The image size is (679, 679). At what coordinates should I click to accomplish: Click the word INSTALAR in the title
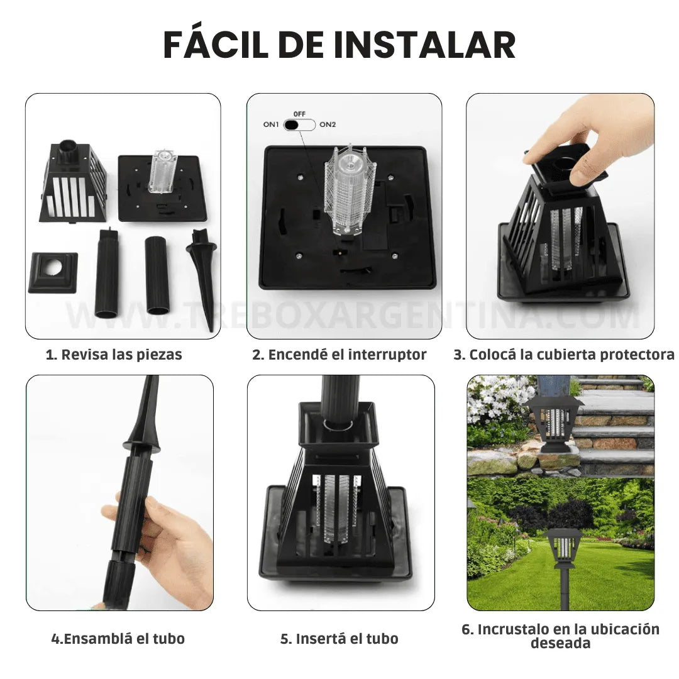tap(424, 45)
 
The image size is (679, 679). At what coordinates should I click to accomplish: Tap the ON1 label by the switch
tap(270, 124)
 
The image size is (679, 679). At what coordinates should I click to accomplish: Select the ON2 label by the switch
tap(328, 124)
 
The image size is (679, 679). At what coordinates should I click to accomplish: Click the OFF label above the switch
tap(299, 114)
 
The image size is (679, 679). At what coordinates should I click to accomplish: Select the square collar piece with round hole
tap(53, 272)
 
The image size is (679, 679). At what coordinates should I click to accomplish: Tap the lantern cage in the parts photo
tap(72, 185)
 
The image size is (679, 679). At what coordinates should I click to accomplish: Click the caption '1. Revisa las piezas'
tap(114, 355)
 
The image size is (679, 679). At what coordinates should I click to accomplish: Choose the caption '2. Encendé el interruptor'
tap(339, 355)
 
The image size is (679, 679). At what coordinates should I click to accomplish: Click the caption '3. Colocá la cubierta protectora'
tap(564, 355)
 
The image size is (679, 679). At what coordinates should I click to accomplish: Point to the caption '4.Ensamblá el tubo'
tap(118, 639)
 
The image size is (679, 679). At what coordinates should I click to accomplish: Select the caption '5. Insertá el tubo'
tap(339, 639)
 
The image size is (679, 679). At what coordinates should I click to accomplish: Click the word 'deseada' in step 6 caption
tap(560, 643)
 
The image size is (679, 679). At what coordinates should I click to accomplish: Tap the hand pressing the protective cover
tap(585, 135)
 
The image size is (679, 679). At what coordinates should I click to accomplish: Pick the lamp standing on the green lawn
tap(564, 553)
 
